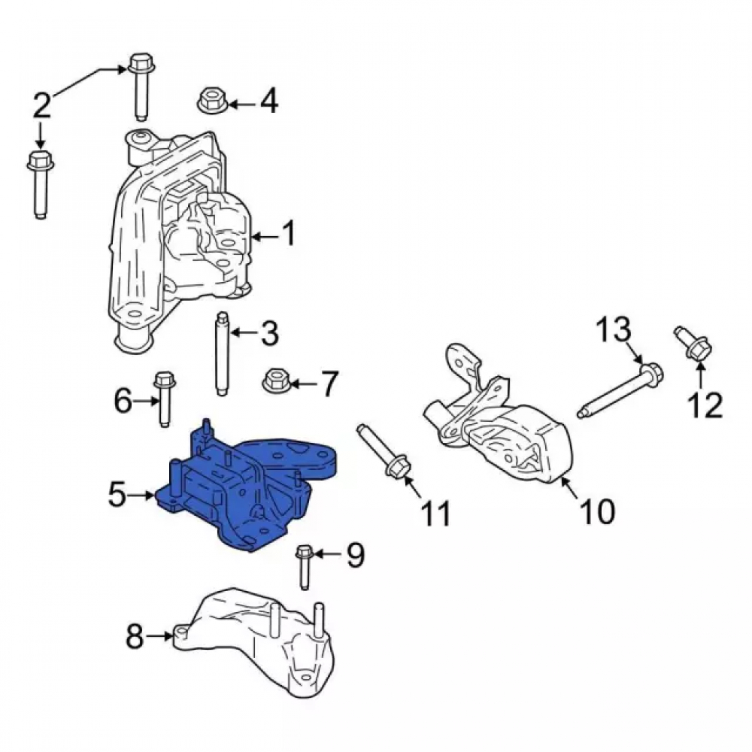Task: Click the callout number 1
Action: coord(288,234)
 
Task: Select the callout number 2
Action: coord(42,105)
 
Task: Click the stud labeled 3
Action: coord(221,354)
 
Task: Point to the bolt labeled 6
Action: coord(163,399)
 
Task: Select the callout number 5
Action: coord(118,495)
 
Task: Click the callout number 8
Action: coord(135,637)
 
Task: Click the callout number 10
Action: coord(598,511)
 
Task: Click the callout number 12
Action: coord(705,405)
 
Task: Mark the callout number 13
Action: coord(614,329)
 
